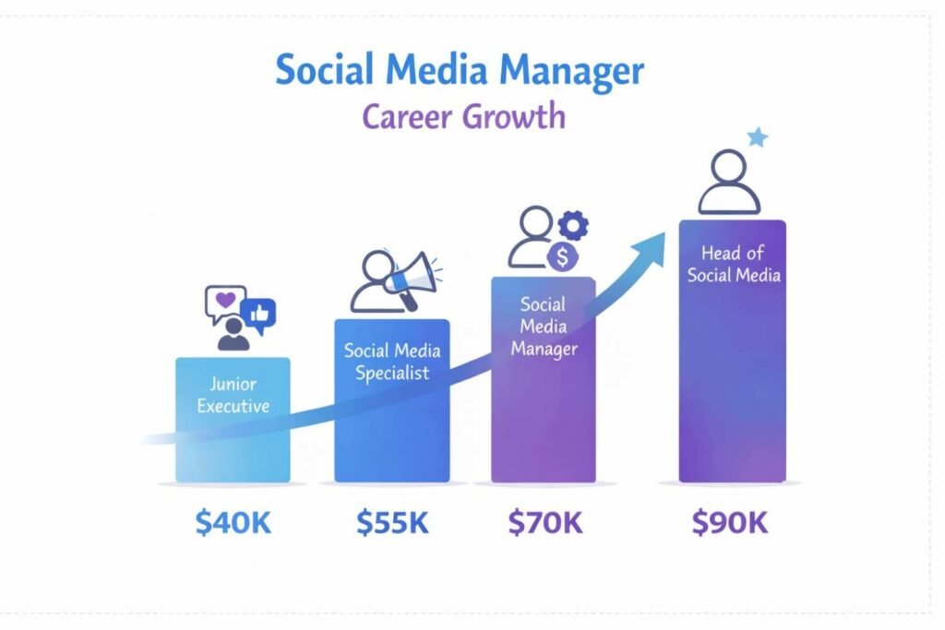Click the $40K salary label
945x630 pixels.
pos(233,523)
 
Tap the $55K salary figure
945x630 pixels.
pos(392,523)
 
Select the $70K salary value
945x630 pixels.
pos(545,523)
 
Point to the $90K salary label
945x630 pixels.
pos(730,523)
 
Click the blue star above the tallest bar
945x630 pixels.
pos(758,138)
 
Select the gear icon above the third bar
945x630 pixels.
pos(574,224)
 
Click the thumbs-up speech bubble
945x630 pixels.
pos(258,315)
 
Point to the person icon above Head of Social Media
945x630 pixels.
pos(728,183)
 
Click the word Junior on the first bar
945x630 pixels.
pos(233,384)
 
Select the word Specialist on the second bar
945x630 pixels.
pos(391,374)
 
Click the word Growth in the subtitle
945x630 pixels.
pos(517,117)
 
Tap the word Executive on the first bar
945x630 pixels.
pos(233,405)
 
